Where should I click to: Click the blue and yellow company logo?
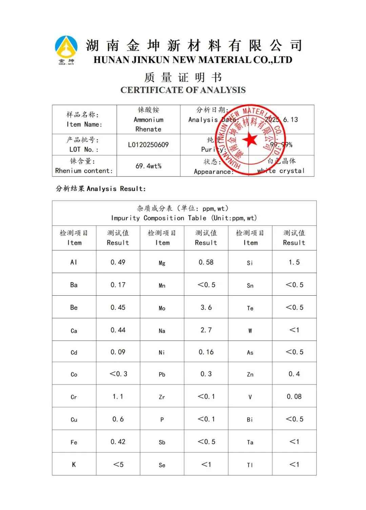coord(66,49)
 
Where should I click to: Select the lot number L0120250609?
coord(148,145)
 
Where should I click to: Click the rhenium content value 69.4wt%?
coord(148,166)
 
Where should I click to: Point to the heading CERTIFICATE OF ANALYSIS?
coord(183,90)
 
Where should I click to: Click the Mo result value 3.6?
coord(206,308)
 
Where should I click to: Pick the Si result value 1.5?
coord(294,262)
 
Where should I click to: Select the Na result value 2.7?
coord(206,330)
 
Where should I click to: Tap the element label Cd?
coord(74,352)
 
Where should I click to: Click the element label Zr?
coord(162,397)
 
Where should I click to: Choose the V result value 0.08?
coord(294,396)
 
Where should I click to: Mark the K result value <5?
coord(118,464)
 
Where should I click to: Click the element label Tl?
coord(250,465)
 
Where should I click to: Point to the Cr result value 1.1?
coord(118,396)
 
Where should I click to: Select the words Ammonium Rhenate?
coord(148,124)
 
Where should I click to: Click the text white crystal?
coord(281,171)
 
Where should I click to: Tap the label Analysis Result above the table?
coord(101,189)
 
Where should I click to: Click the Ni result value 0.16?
coord(206,352)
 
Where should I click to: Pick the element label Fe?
coord(74,442)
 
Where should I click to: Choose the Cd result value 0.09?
coord(118,352)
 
